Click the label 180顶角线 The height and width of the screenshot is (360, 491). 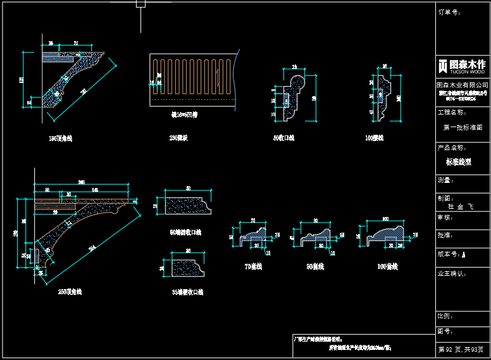[x=60, y=138]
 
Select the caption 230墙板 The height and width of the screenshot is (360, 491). [x=178, y=138]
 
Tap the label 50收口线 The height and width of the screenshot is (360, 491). [x=283, y=138]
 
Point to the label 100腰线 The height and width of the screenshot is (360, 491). [x=374, y=138]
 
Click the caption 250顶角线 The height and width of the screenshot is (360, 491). [x=70, y=292]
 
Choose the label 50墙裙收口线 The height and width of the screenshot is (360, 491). [x=185, y=232]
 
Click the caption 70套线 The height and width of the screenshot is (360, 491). [x=252, y=267]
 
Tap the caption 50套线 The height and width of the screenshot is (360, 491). [x=314, y=267]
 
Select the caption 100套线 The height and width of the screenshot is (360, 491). [x=387, y=267]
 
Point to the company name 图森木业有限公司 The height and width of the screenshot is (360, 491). [x=463, y=85]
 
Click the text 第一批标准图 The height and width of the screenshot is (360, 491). [x=463, y=127]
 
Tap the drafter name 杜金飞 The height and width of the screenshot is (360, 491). [x=461, y=206]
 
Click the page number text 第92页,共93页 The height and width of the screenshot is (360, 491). [x=463, y=349]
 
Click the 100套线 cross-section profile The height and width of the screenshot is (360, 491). [x=387, y=234]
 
